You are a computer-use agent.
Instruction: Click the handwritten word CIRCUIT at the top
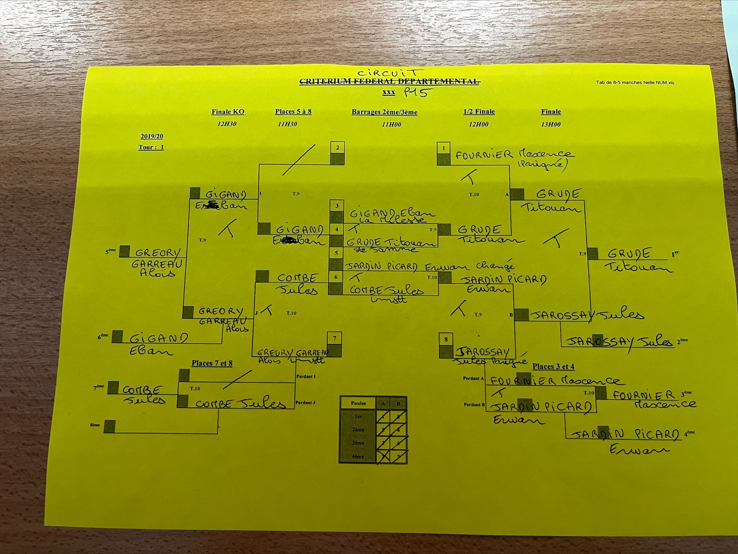point(390,73)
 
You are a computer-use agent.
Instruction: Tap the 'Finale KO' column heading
point(228,112)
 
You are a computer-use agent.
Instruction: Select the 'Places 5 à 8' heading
point(293,111)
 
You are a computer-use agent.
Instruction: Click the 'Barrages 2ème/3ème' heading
point(384,112)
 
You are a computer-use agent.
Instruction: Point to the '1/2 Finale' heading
point(479,111)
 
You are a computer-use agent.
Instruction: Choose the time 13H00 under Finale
point(551,124)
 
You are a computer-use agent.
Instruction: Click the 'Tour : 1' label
point(151,147)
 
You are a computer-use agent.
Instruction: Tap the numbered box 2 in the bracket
point(337,148)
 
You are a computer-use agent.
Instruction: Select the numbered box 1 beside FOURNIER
point(443,148)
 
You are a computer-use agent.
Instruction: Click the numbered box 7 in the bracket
point(334,338)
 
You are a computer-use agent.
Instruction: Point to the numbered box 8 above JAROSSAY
point(446,339)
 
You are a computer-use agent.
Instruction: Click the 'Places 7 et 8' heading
point(212,363)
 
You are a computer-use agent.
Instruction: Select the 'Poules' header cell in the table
point(358,403)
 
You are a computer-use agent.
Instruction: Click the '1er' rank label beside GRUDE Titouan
point(675,254)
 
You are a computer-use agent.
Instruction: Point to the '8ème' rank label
point(95,425)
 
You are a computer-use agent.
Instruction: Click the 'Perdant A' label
point(473,378)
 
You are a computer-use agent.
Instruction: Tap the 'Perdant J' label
point(306,402)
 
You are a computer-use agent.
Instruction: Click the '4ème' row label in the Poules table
point(358,457)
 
